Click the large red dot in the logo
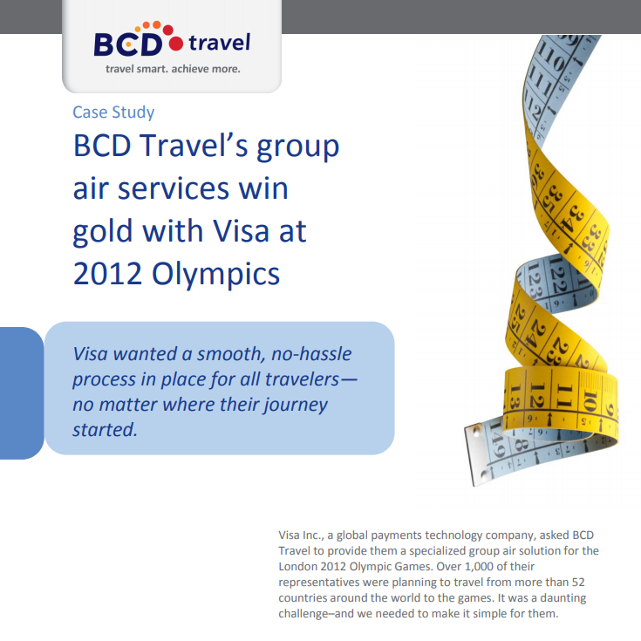[176, 44]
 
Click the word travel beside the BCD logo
[220, 42]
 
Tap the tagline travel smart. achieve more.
[173, 69]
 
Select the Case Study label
[113, 112]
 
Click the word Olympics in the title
[216, 275]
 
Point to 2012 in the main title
[107, 274]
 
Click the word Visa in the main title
[242, 231]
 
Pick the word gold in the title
[103, 232]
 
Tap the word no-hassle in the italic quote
[311, 353]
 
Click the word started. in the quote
[105, 430]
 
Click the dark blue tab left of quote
[21, 392]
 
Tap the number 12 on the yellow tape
[537, 396]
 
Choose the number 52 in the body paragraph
[578, 582]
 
